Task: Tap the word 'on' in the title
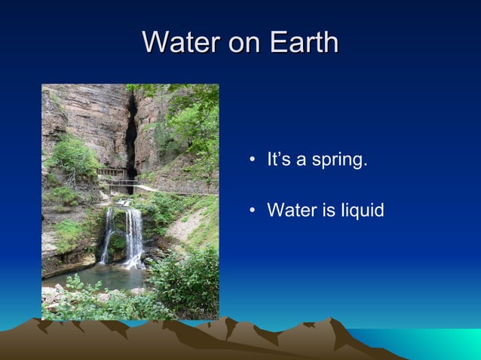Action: tap(244, 44)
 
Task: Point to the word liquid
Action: tap(361, 210)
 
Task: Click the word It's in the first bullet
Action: tap(278, 160)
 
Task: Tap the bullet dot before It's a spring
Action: tap(253, 160)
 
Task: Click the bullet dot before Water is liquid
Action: tap(253, 210)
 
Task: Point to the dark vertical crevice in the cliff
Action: tap(131, 136)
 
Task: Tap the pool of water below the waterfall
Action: tap(98, 277)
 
